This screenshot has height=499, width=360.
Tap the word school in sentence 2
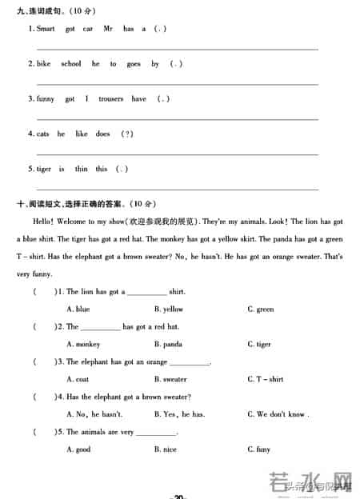click(x=70, y=64)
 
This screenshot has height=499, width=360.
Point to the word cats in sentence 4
click(x=42, y=134)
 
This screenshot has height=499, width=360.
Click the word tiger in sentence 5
click(x=44, y=170)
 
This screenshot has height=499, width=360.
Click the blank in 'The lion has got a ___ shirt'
click(x=146, y=293)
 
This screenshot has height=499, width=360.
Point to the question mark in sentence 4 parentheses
click(x=126, y=134)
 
